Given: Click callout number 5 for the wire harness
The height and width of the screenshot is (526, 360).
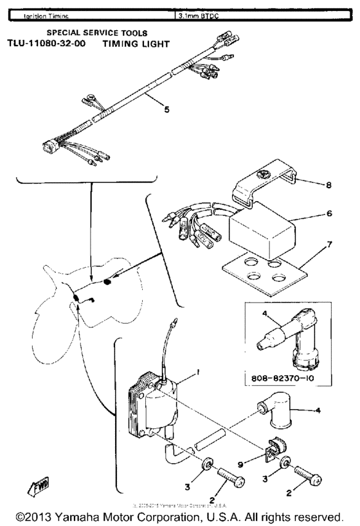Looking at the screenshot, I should pos(166,109).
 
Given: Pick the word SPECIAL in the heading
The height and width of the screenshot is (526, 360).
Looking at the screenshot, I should pos(65,32).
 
